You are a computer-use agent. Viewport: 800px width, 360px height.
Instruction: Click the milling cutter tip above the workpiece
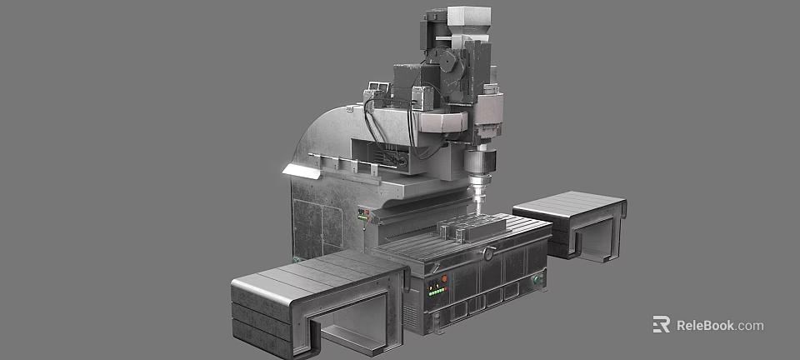tap(479, 200)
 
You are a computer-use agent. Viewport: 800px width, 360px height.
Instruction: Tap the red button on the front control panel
tap(444, 278)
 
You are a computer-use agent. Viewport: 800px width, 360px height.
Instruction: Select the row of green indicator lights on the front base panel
tap(436, 292)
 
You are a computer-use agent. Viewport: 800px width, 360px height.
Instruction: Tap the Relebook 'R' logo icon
tap(661, 325)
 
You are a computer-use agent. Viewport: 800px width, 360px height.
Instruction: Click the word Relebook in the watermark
tap(706, 326)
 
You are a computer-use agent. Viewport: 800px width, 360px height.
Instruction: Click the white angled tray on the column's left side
tap(302, 172)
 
